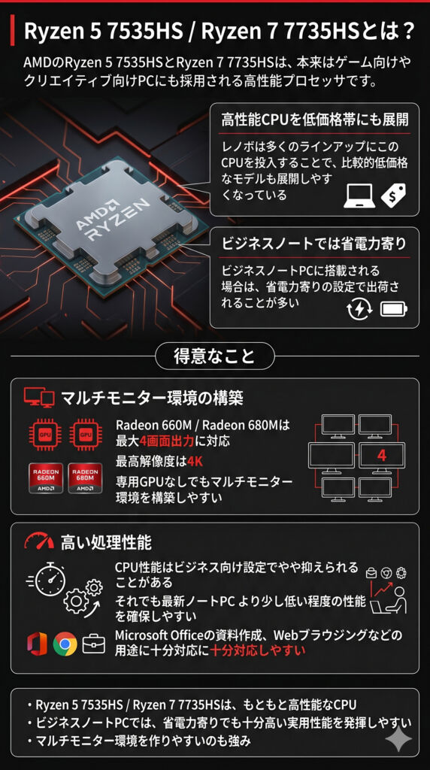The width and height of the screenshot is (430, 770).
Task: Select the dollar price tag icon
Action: coord(394,196)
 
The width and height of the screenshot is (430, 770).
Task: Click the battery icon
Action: coord(394,309)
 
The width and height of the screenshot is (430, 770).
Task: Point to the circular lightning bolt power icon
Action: coord(357,309)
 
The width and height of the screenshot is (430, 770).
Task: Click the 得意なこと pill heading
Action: coord(214,356)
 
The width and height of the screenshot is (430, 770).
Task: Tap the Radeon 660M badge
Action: coord(45,477)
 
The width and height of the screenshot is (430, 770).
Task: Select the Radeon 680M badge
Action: coord(85,477)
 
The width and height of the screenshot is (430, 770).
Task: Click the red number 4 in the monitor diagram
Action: coord(381,456)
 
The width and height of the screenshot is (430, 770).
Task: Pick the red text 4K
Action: coord(195,462)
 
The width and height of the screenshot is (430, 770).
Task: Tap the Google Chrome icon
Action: coord(65,644)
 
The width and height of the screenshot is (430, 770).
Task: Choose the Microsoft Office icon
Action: coord(38,644)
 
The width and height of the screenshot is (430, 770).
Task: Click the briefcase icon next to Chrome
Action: coord(94,644)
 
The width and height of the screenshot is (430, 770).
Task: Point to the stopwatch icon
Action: coord(50,578)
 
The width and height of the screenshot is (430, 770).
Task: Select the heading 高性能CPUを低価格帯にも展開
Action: coord(315,120)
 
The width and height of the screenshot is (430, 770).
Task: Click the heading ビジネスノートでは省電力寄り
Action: coord(313,244)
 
